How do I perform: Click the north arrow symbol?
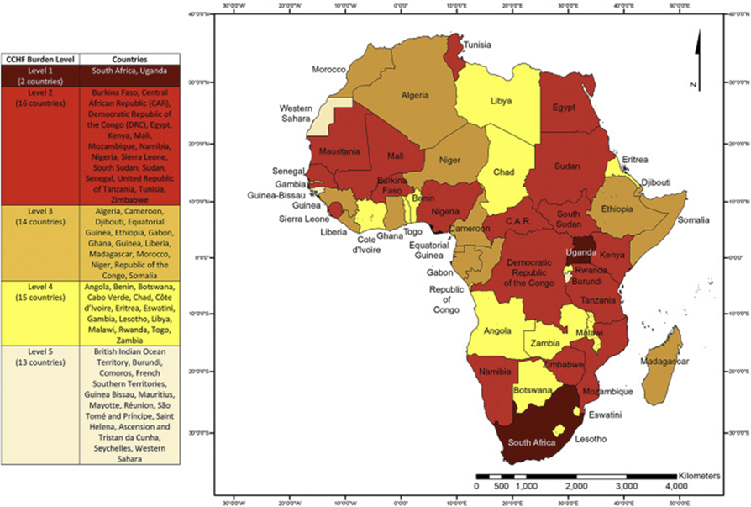[696, 59]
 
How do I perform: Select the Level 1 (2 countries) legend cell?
[39, 77]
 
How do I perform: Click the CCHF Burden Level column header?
[39, 60]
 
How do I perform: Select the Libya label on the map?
[502, 101]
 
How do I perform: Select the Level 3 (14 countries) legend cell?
[39, 221]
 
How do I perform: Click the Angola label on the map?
[497, 330]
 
